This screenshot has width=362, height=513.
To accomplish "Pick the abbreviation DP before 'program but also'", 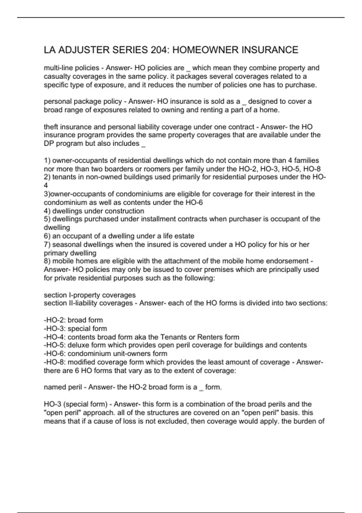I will coord(49,143).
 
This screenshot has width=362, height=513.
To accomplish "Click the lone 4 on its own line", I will coord(46,185).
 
